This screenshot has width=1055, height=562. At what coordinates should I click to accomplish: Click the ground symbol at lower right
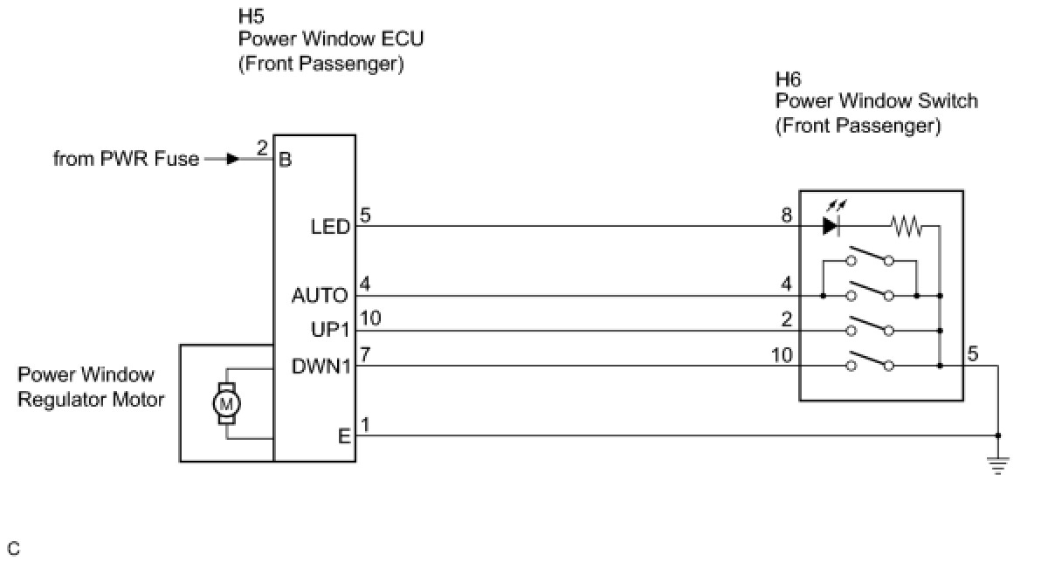coord(999,464)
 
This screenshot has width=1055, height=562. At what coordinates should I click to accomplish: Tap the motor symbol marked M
coord(226,403)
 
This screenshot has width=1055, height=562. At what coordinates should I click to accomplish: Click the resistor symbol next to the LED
coord(907,226)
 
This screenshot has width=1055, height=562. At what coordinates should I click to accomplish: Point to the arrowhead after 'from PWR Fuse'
coord(232,160)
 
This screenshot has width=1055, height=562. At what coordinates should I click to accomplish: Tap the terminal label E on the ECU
coord(344,435)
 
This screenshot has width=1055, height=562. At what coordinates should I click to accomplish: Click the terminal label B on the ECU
coord(285,161)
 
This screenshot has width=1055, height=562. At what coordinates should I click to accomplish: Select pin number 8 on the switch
coord(787,215)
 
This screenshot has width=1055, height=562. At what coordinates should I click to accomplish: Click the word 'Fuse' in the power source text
coord(179,160)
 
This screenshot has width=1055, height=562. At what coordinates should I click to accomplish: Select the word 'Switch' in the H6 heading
coord(950,101)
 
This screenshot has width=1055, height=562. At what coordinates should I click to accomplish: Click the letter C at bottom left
coord(13,548)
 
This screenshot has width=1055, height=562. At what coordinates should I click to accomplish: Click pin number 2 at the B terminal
coord(262,148)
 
